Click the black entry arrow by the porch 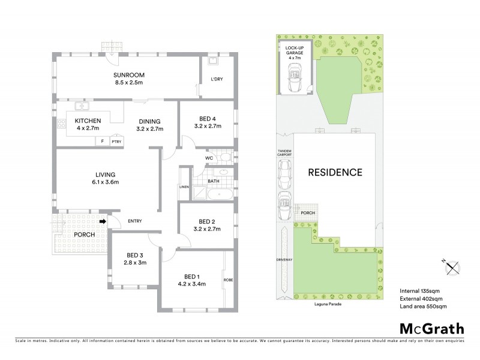(x=103, y=221)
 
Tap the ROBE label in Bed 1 (x=229, y=280)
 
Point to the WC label (x=209, y=158)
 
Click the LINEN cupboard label (x=184, y=187)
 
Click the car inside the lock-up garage (x=294, y=76)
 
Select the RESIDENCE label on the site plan (x=335, y=172)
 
